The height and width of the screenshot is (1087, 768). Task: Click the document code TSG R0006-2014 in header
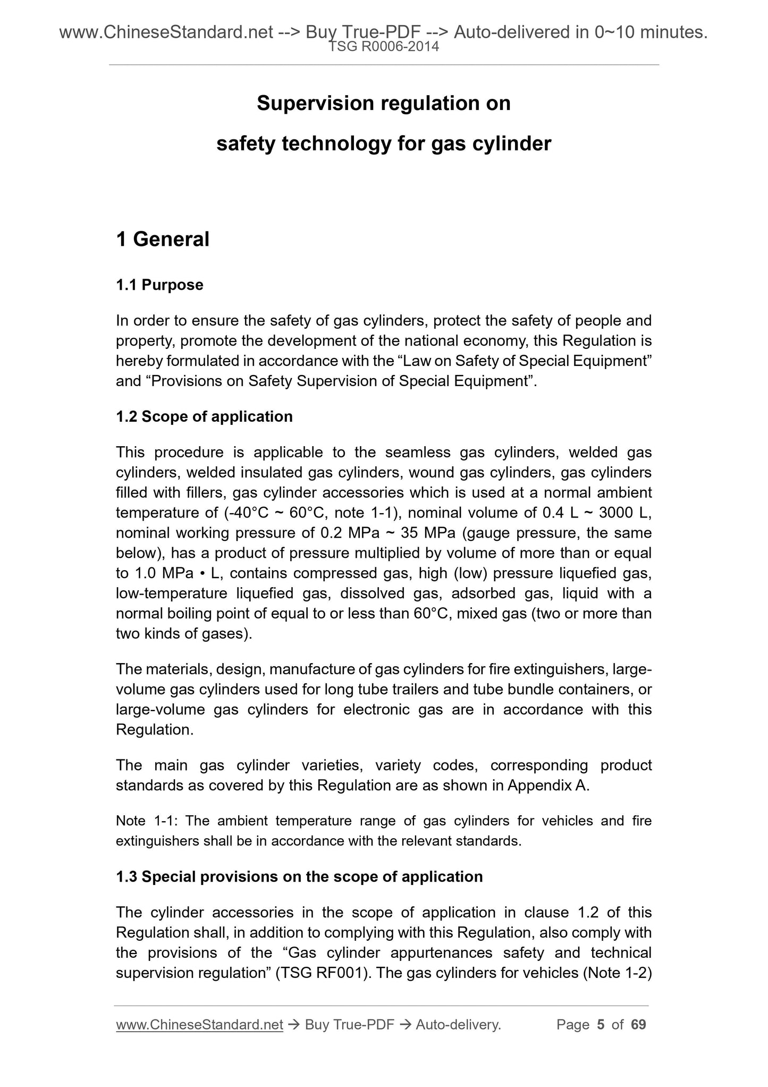384,47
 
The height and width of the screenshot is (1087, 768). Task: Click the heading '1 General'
163,240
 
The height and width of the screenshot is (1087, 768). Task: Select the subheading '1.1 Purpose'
159,285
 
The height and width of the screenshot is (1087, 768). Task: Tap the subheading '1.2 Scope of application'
204,416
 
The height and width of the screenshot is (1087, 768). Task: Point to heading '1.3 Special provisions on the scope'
299,876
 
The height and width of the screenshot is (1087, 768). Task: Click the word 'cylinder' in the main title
513,144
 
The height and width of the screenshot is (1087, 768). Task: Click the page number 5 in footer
601,1024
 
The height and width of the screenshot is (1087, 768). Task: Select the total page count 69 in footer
638,1024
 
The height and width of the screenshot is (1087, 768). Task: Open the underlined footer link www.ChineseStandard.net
199,1025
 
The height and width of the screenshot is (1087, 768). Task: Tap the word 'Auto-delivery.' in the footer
458,1024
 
